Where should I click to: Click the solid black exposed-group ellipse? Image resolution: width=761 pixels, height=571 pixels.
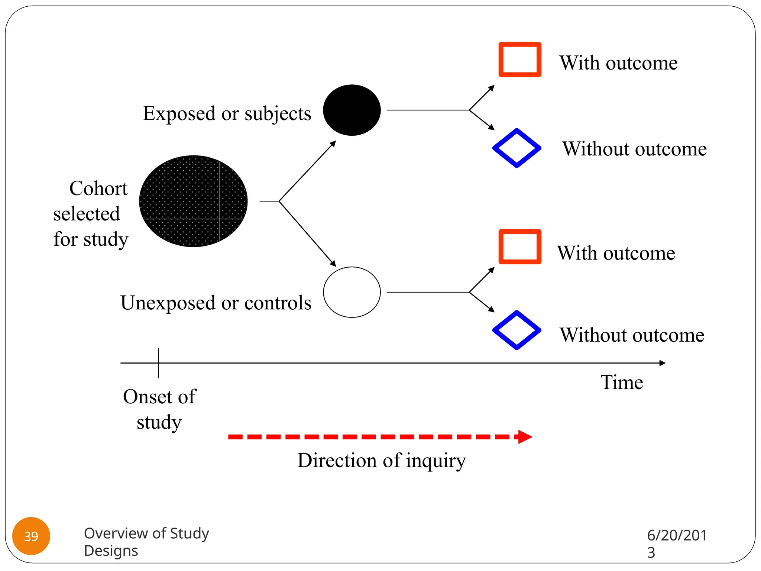pyautogui.click(x=352, y=110)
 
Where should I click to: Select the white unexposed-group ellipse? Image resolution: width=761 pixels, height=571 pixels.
pyautogui.click(x=352, y=292)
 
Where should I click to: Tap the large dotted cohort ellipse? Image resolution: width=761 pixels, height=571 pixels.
pyautogui.click(x=193, y=201)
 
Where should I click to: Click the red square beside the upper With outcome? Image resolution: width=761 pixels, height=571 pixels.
pyautogui.click(x=519, y=59)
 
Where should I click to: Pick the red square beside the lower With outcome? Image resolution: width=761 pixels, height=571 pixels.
pyautogui.click(x=519, y=247)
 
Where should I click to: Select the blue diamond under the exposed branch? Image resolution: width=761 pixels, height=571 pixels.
pyautogui.click(x=516, y=148)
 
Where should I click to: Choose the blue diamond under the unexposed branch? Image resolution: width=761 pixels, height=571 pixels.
pyautogui.click(x=516, y=330)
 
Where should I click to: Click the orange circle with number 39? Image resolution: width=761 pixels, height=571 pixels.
pyautogui.click(x=31, y=536)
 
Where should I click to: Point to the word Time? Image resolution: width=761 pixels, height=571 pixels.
pyautogui.click(x=622, y=382)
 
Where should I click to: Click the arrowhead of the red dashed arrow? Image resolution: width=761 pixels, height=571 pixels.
pyautogui.click(x=525, y=437)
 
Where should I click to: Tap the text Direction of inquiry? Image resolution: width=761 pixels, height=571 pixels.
pyautogui.click(x=381, y=461)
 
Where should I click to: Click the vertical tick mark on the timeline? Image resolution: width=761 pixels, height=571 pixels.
pyautogui.click(x=159, y=363)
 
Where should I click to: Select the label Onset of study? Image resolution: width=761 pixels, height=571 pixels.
pyautogui.click(x=159, y=409)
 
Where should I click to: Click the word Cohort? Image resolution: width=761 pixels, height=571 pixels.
pyautogui.click(x=98, y=188)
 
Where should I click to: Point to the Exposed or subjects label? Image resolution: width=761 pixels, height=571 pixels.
pyautogui.click(x=227, y=113)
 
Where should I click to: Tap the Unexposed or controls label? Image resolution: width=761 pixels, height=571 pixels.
pyautogui.click(x=216, y=303)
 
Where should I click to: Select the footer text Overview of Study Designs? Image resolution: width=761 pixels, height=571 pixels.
pyautogui.click(x=146, y=542)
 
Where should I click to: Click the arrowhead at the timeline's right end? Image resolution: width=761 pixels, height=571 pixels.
pyautogui.click(x=662, y=363)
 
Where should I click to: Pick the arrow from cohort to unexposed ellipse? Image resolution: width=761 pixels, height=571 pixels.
pyautogui.click(x=308, y=234)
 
